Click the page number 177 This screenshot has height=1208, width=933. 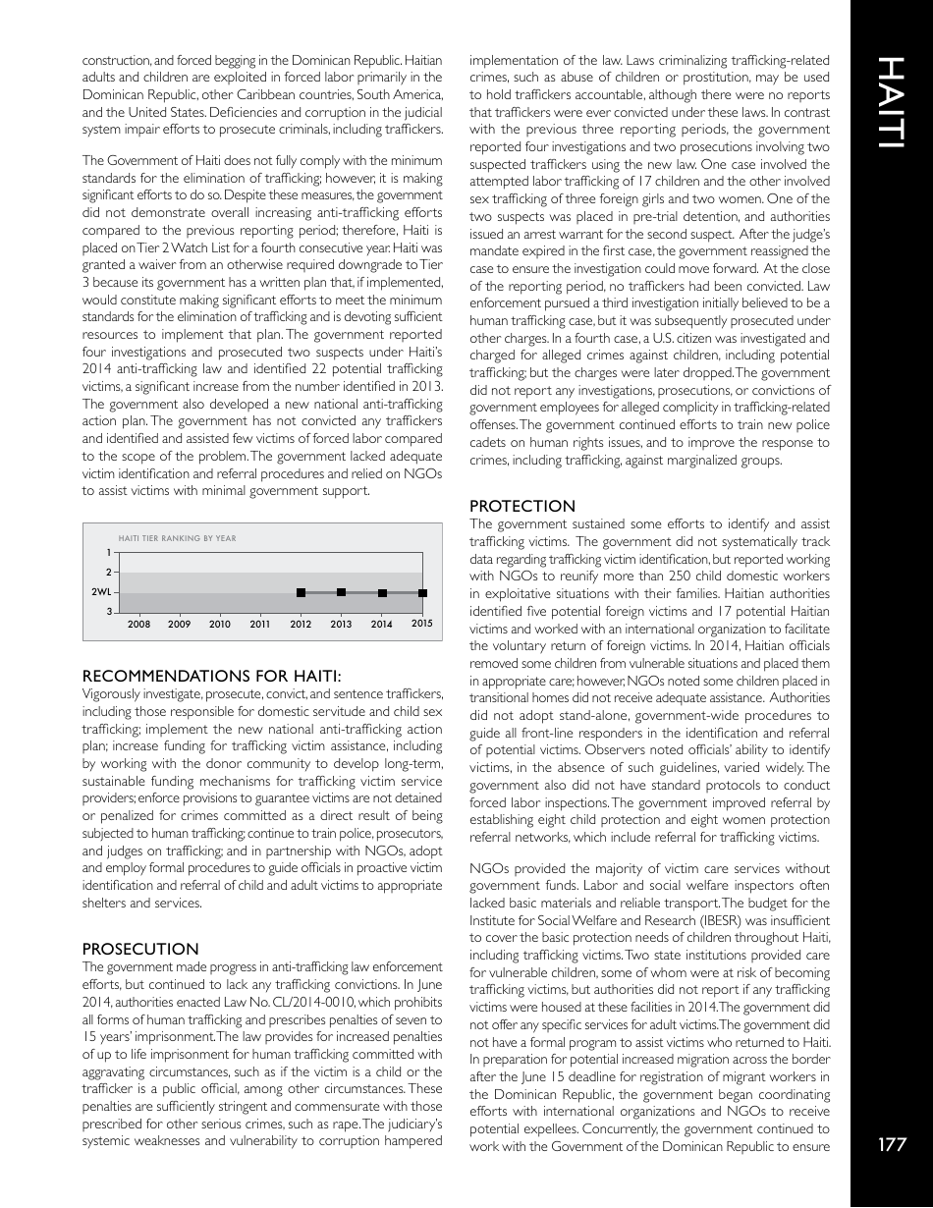pyautogui.click(x=891, y=1143)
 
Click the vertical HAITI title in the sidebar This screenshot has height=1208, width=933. pyautogui.click(x=891, y=103)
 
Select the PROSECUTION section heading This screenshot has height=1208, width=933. pyautogui.click(x=140, y=949)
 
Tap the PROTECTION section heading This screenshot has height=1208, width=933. pyautogui.click(x=522, y=506)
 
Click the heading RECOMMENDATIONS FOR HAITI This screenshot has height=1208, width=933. pyautogui.click(x=211, y=676)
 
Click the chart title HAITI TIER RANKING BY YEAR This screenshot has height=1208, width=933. pyautogui.click(x=177, y=538)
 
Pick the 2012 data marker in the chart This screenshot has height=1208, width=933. pyautogui.click(x=301, y=592)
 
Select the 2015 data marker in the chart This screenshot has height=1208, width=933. pyautogui.click(x=422, y=592)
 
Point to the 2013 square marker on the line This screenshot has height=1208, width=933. pyautogui.click(x=341, y=592)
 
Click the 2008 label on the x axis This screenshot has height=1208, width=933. pyautogui.click(x=138, y=624)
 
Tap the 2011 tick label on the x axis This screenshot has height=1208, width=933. pyautogui.click(x=260, y=624)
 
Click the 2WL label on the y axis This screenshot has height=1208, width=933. pyautogui.click(x=100, y=592)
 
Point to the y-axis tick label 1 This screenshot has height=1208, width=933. pyautogui.click(x=107, y=553)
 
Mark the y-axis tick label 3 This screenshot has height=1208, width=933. pyautogui.click(x=107, y=613)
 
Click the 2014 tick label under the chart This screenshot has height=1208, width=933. pyautogui.click(x=381, y=624)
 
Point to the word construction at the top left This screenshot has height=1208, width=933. pyautogui.click(x=114, y=61)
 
